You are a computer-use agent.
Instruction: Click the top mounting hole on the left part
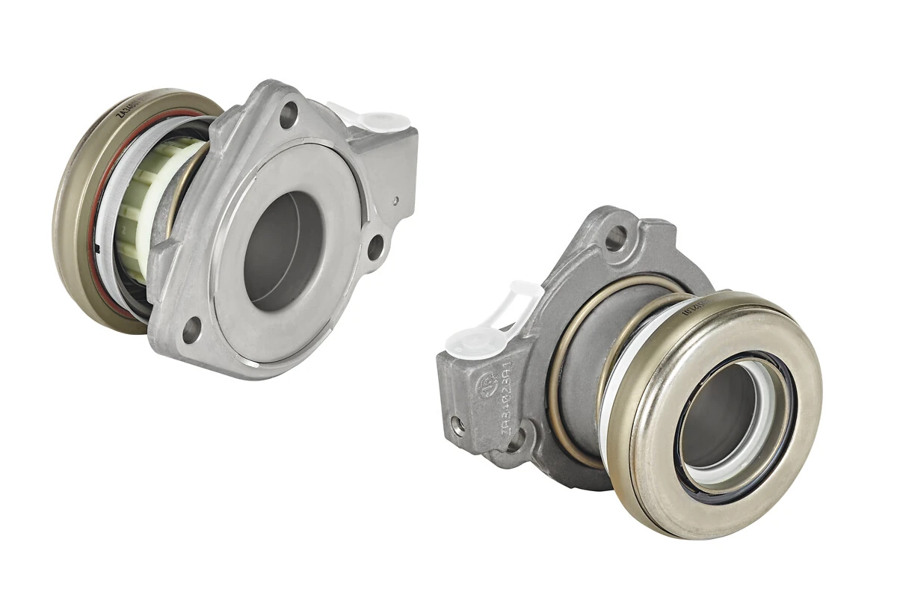click(289, 114)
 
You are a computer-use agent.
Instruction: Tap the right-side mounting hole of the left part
click(375, 247)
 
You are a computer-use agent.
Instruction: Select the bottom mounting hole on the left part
click(191, 330)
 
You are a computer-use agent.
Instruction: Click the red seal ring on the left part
click(93, 224)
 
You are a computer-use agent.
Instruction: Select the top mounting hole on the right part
click(615, 238)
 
